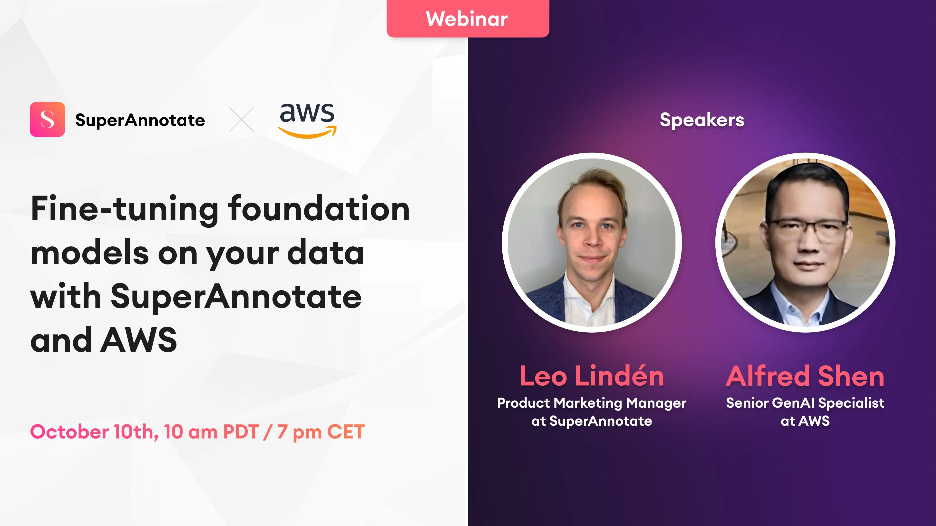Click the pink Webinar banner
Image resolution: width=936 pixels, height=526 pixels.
468,19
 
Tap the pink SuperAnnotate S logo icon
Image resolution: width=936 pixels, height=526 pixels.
47,119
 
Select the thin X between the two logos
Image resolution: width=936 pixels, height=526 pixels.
241,119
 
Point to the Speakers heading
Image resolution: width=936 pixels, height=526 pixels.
702,120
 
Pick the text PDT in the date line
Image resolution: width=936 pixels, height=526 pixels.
241,432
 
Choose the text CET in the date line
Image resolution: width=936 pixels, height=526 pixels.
346,432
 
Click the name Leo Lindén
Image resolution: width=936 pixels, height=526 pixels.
592,376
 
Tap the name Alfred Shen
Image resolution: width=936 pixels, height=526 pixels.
805,376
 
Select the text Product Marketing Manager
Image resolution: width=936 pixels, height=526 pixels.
592,403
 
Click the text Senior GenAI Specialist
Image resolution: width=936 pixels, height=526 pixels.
805,403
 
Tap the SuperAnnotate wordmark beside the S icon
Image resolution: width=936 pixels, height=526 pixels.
140,120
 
